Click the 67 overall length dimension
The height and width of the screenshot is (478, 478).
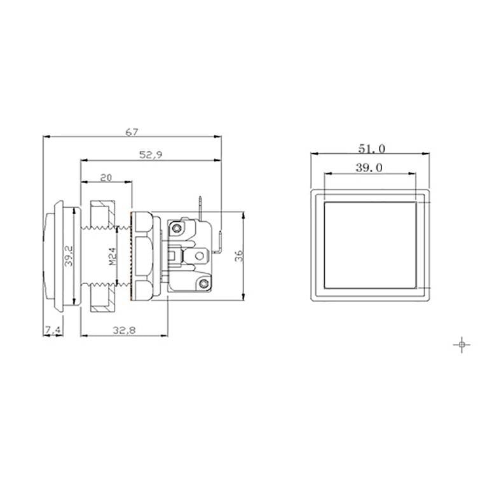tap(131, 132)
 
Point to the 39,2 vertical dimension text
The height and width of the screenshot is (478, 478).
tap(69, 257)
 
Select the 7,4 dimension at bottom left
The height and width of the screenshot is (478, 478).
tap(52, 329)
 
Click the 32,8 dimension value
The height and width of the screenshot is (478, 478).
tap(124, 329)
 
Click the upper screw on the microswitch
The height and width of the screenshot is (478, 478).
tap(174, 225)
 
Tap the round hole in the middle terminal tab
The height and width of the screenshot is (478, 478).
tap(201, 257)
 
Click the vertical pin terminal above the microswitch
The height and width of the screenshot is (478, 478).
tap(201, 206)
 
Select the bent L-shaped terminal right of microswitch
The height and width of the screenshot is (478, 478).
tap(218, 242)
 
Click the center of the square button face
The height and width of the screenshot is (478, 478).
tap(370, 243)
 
